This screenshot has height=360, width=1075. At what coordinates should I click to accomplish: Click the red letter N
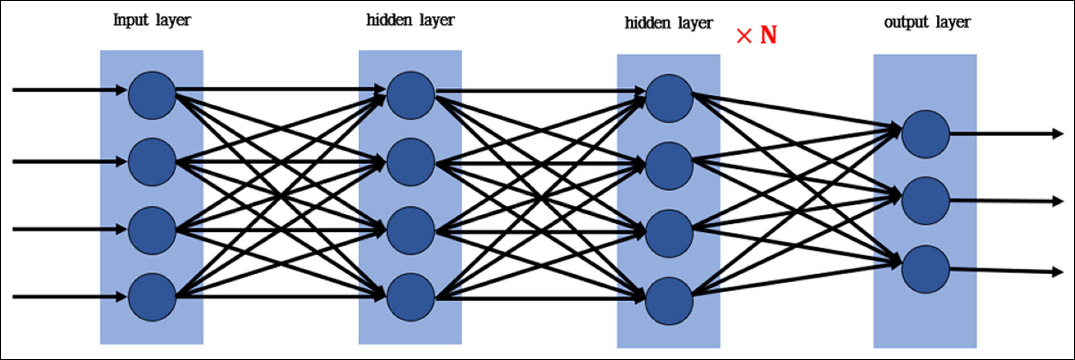click(x=768, y=35)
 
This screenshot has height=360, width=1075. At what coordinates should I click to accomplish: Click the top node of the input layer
click(x=152, y=96)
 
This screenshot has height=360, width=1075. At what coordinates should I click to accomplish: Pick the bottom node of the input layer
click(x=152, y=297)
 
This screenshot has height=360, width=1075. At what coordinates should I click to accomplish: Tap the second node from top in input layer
click(x=152, y=162)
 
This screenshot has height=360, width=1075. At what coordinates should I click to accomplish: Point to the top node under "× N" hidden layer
click(x=669, y=99)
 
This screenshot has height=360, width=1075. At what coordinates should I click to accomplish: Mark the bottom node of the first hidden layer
click(x=411, y=297)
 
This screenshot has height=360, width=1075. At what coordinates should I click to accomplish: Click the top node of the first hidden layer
click(x=411, y=96)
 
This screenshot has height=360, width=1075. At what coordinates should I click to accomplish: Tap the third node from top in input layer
click(x=152, y=230)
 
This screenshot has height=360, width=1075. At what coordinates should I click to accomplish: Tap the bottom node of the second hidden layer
click(x=669, y=301)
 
